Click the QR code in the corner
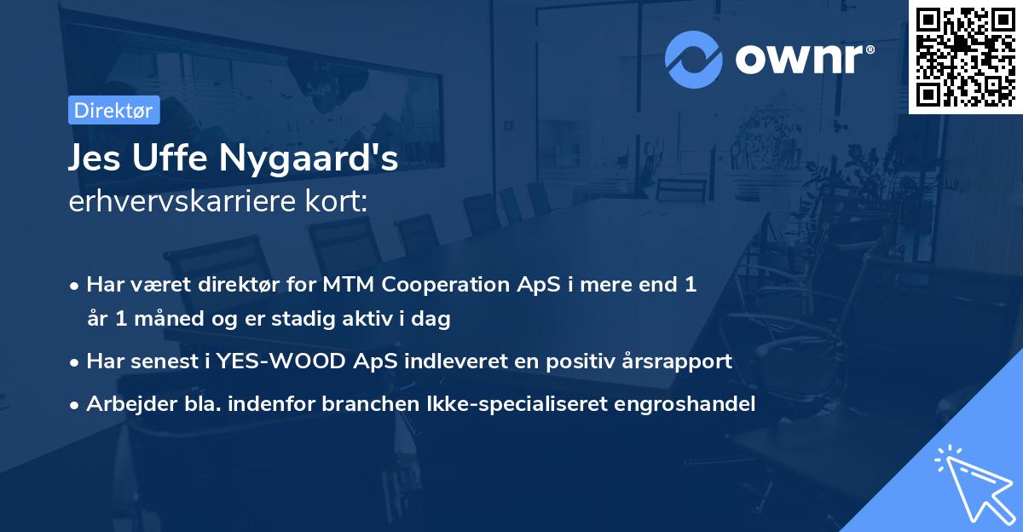click(965, 57)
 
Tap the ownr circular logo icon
click(693, 60)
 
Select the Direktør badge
click(113, 110)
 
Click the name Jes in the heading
click(94, 158)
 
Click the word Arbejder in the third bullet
click(124, 404)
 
